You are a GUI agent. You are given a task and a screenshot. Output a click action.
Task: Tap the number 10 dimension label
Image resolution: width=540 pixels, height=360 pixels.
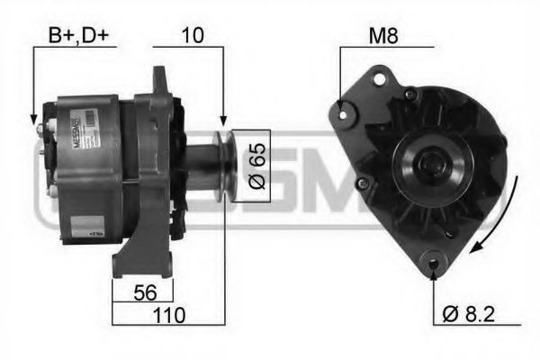point(193,36)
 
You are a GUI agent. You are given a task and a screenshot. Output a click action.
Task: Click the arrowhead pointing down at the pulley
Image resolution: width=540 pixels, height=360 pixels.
point(222,120)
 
